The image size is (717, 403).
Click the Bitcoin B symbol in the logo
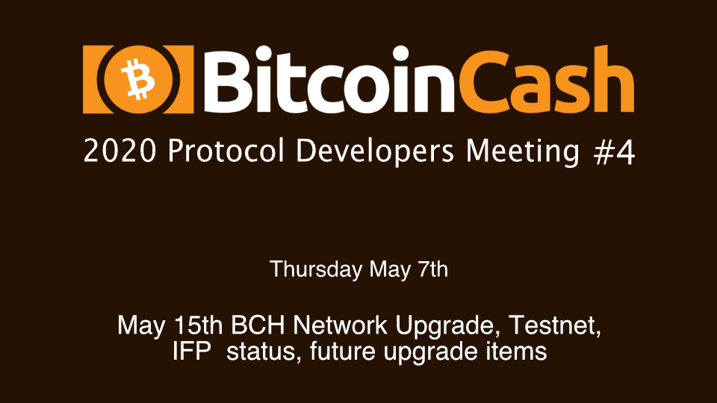coord(137,79)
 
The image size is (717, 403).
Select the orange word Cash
coord(547,78)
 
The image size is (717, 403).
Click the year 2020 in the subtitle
coord(119,151)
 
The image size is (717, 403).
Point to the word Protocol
coord(226,151)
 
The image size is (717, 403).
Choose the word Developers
coord(375,151)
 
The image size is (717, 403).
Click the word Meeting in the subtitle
coord(523,151)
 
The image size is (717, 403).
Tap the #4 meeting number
coord(614,151)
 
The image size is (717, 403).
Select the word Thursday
coord(316,269)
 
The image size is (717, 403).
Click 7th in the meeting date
coord(432,269)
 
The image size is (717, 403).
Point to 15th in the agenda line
coord(199,325)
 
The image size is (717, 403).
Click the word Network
coord(341,325)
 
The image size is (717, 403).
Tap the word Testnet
coord(555,326)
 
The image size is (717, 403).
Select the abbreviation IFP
coord(192,352)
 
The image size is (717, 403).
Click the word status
coord(264,352)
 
